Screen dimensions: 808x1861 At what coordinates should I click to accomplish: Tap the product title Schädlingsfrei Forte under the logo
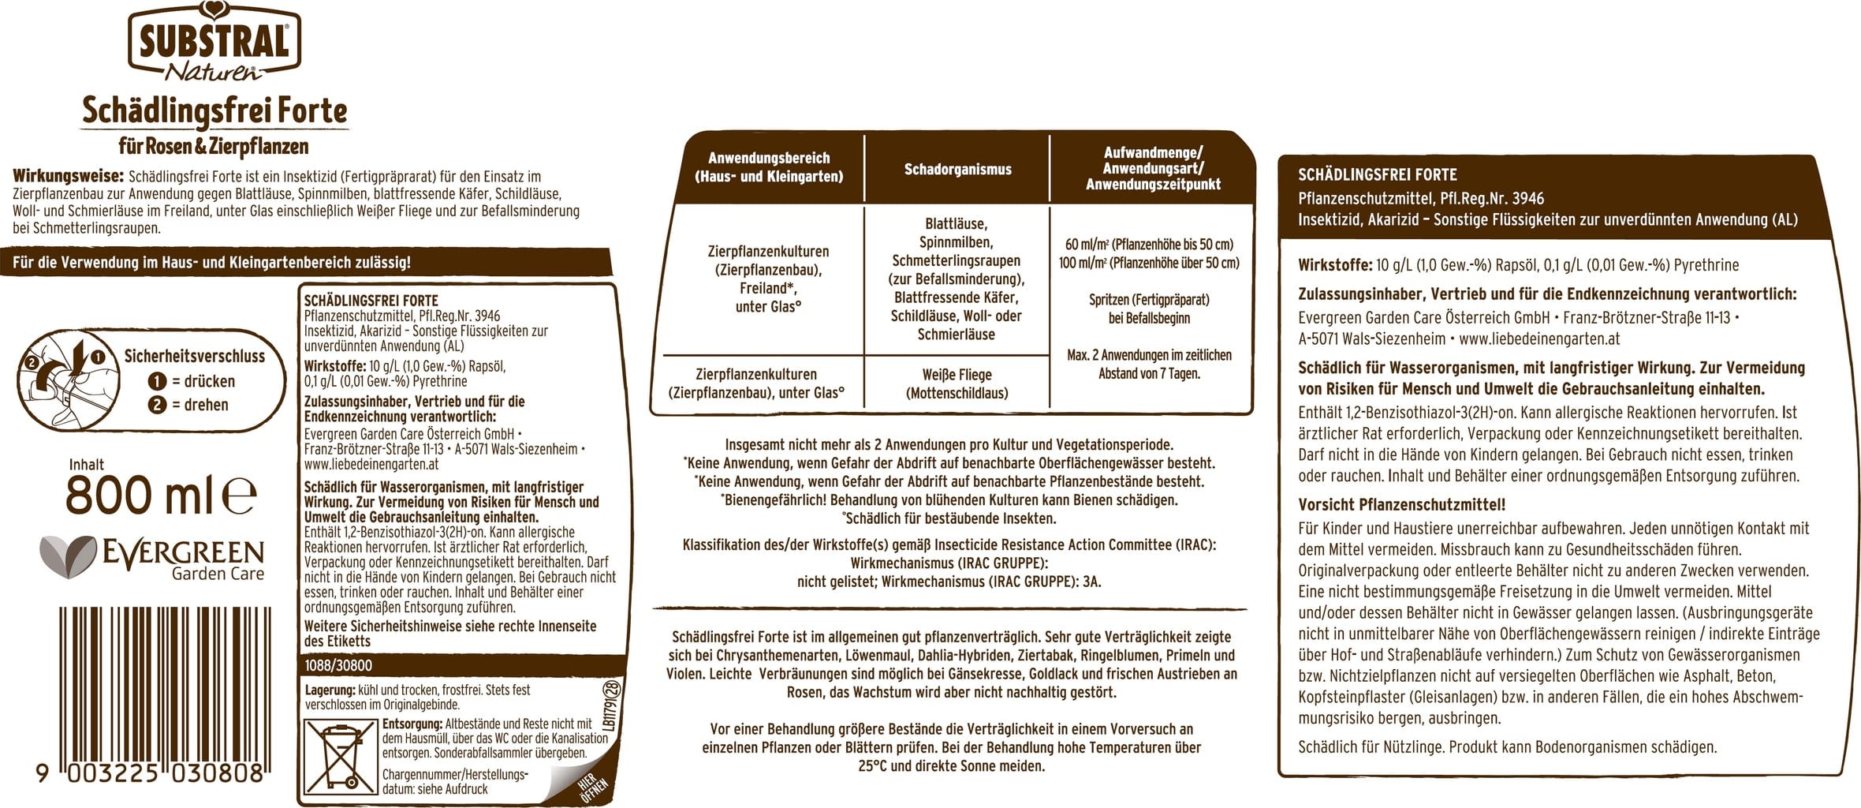click(x=214, y=111)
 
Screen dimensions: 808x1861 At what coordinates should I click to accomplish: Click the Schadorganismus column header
click(x=957, y=169)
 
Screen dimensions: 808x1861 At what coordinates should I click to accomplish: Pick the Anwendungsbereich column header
click(x=768, y=167)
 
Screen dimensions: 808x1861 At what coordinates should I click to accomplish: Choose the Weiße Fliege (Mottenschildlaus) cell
click(x=957, y=383)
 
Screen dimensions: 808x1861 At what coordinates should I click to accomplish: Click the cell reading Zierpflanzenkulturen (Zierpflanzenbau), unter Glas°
click(x=755, y=383)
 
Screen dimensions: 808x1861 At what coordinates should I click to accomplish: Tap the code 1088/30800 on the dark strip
click(x=338, y=666)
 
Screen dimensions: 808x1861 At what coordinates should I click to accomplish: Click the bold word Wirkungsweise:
click(x=68, y=176)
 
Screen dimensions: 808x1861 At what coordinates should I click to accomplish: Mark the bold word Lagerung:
click(x=330, y=690)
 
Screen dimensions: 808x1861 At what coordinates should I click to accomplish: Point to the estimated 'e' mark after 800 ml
click(x=240, y=496)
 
